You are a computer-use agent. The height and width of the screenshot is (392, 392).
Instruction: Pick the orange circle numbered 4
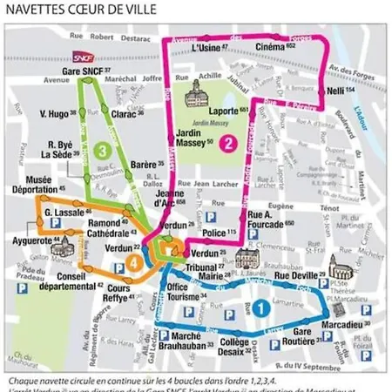pyautogui.click(x=134, y=261)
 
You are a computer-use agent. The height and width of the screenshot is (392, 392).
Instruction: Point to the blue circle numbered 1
pyautogui.click(x=260, y=307)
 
